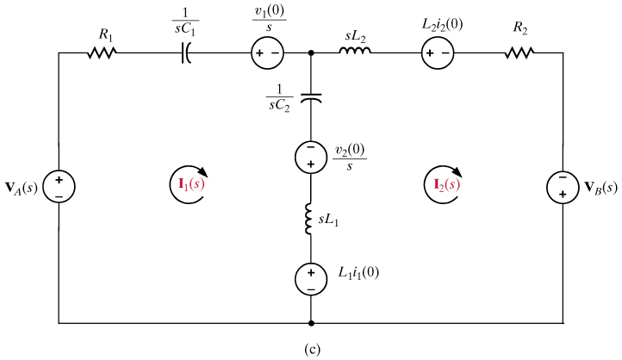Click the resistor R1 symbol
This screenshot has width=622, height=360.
(x=102, y=53)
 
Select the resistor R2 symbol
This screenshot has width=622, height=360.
(x=519, y=53)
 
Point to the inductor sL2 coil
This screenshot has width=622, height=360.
(x=355, y=53)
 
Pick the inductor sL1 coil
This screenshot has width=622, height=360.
(x=311, y=220)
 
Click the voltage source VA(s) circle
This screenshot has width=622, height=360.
(x=59, y=186)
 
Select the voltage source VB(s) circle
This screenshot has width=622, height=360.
(x=563, y=186)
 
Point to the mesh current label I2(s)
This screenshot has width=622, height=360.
(x=441, y=183)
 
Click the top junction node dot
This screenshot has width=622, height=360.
(x=311, y=53)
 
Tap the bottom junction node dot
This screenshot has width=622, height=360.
(x=311, y=324)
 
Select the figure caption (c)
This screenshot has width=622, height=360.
(x=311, y=349)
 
